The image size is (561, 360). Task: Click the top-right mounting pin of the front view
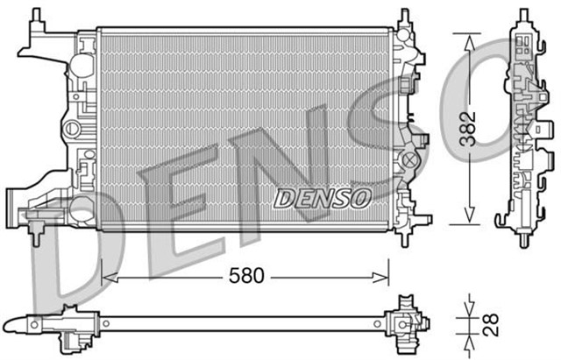(405, 15)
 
